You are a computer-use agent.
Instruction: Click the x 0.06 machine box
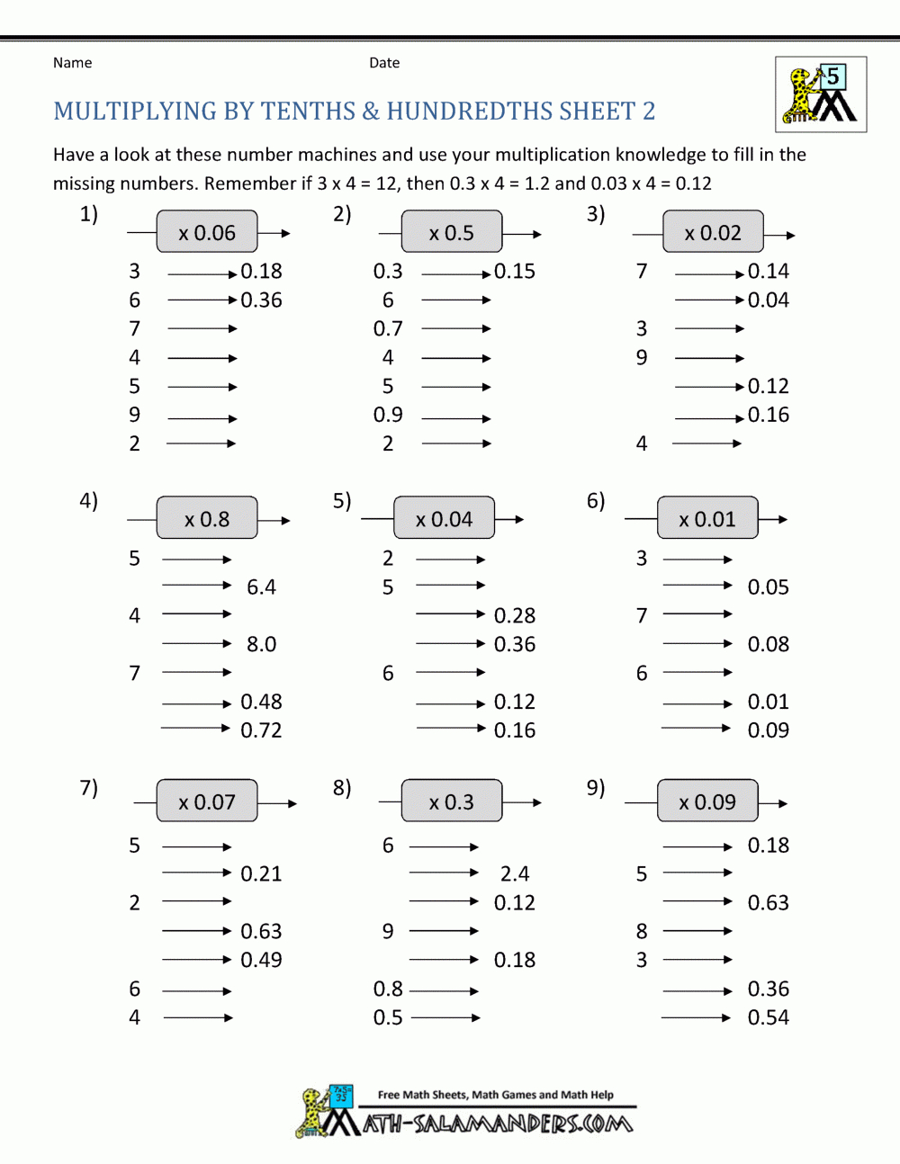pyautogui.click(x=207, y=233)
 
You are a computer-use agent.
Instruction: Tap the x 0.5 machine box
pyautogui.click(x=452, y=233)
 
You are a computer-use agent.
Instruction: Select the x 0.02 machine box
pyautogui.click(x=713, y=233)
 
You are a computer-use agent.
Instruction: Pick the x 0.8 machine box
pyautogui.click(x=207, y=519)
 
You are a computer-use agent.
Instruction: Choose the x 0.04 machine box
pyautogui.click(x=444, y=519)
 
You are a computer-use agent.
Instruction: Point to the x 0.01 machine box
pyautogui.click(x=707, y=519)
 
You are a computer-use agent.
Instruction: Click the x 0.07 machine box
pyautogui.click(x=207, y=801)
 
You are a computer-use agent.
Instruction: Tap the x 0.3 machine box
pyautogui.click(x=452, y=801)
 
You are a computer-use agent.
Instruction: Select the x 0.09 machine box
pyautogui.click(x=707, y=801)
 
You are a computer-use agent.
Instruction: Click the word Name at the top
pyautogui.click(x=72, y=63)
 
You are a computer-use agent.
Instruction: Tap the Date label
pyautogui.click(x=384, y=63)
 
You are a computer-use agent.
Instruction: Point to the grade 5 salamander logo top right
pyautogui.click(x=821, y=94)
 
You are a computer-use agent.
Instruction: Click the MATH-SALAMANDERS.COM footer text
pyautogui.click(x=498, y=1124)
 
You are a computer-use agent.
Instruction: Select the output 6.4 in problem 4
pyautogui.click(x=261, y=587)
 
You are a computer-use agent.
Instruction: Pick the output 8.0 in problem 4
pyautogui.click(x=261, y=645)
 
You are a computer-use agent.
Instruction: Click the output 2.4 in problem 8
pyautogui.click(x=515, y=874)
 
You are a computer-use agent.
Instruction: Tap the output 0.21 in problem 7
pyautogui.click(x=261, y=874)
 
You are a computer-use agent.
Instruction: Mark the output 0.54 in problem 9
pyautogui.click(x=768, y=1017)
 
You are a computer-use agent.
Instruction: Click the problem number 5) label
pyautogui.click(x=342, y=501)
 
